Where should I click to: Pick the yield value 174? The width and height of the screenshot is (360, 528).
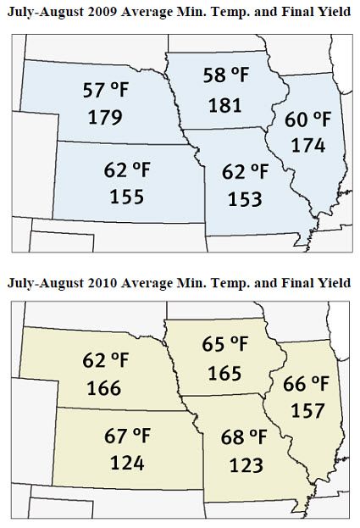(308, 145)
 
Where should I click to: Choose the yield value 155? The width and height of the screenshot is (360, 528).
(127, 197)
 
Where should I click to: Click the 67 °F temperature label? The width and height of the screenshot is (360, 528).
(127, 437)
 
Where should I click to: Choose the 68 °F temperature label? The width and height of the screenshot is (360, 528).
(246, 440)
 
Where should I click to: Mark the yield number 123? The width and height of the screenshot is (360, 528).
(246, 465)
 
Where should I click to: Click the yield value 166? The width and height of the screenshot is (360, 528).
(102, 390)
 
